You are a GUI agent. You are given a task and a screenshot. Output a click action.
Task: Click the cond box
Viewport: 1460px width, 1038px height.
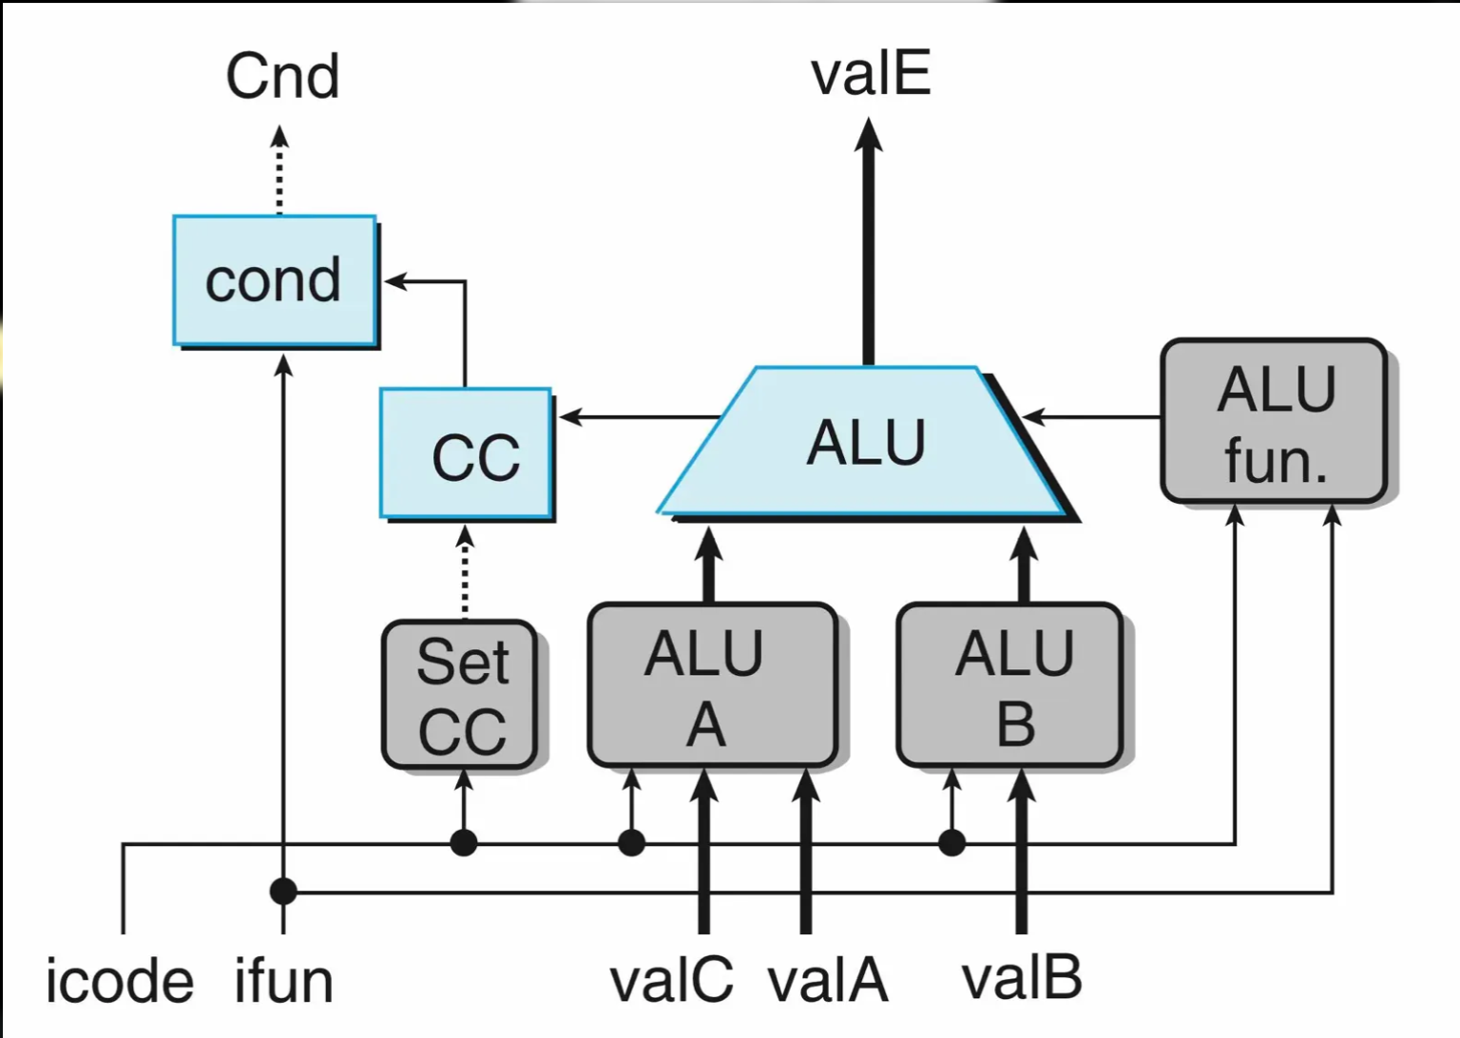pos(274,280)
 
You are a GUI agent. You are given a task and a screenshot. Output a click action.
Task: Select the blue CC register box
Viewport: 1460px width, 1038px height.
pos(466,453)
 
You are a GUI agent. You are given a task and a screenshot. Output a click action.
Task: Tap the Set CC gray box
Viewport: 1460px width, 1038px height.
pos(461,695)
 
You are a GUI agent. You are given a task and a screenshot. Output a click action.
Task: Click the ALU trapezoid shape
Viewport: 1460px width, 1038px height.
pos(865,442)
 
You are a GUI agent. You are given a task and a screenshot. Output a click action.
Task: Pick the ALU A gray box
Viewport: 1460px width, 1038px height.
pos(711,685)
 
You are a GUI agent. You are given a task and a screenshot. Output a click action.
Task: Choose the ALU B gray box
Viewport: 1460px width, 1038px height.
pos(1010,685)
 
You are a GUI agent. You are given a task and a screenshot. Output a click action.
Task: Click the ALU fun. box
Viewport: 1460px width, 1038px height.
pos(1274,421)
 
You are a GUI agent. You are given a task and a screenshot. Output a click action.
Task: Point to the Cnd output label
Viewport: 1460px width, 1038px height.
pos(282,76)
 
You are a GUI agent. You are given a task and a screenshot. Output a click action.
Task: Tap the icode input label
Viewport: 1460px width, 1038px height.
pos(120,981)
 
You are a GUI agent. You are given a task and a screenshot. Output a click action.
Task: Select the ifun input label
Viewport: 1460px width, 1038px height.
pos(284,981)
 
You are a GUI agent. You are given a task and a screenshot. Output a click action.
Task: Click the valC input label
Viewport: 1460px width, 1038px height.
pos(671,980)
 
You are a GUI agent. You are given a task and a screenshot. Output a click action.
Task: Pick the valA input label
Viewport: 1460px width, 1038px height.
pos(828,980)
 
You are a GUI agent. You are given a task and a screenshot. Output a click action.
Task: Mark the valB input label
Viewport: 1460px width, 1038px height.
pos(1022,978)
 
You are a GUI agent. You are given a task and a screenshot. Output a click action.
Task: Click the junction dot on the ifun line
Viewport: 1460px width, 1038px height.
pos(283,892)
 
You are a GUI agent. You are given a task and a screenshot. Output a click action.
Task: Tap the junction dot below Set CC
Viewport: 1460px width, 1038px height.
pos(463,842)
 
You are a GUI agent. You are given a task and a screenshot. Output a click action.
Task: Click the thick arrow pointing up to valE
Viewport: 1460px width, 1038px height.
pos(868,238)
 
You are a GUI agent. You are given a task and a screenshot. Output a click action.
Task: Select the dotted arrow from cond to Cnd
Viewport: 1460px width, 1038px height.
pos(279,171)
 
